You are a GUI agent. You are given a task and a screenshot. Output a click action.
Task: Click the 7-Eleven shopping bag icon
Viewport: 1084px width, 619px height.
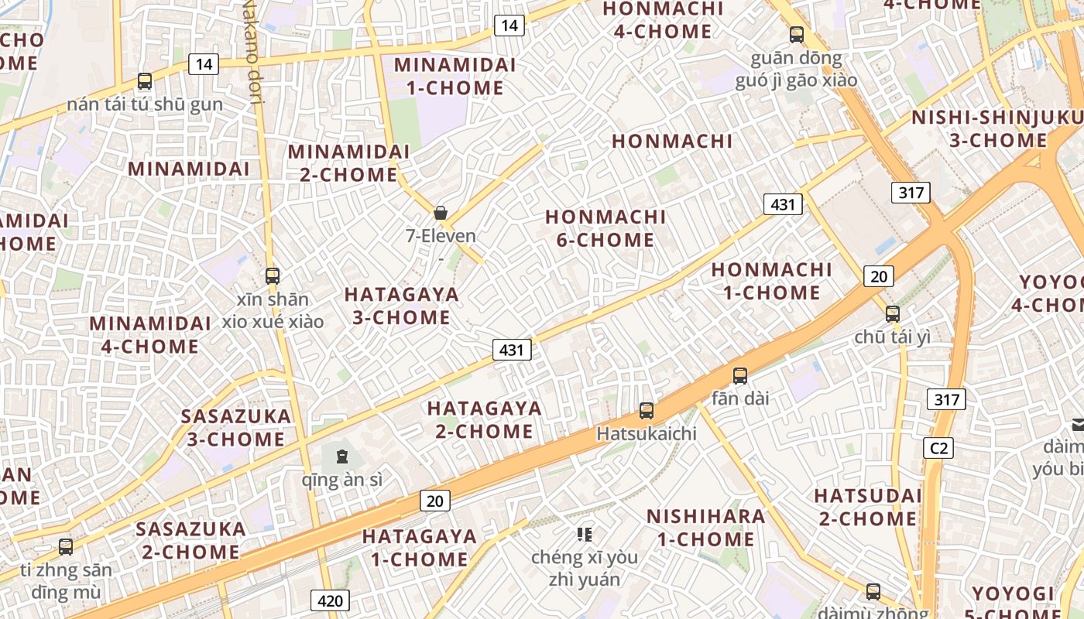tap(441, 213)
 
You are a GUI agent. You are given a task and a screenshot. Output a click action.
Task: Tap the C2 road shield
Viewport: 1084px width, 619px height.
tap(938, 448)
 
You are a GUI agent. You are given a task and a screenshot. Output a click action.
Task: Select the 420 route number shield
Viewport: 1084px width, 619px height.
tap(331, 600)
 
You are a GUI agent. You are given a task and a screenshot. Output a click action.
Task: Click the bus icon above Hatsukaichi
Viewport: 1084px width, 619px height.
tap(647, 411)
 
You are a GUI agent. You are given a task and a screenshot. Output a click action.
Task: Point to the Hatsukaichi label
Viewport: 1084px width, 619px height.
tap(647, 433)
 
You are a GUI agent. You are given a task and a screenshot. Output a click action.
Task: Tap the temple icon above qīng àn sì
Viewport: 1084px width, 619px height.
tap(342, 456)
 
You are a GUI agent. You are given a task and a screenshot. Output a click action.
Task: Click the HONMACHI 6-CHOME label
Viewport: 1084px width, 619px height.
tap(605, 228)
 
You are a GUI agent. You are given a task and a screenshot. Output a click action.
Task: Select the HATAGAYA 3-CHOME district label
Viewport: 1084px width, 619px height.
tap(402, 306)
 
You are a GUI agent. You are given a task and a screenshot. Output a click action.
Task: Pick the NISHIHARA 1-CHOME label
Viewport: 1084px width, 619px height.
tap(705, 527)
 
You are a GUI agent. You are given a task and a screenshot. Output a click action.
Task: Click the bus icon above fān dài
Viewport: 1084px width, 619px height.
tap(740, 376)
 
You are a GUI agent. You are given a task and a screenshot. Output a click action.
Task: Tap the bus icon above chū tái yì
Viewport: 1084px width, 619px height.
tap(893, 313)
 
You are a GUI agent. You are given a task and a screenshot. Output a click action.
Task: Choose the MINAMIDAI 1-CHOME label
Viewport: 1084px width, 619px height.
tap(455, 76)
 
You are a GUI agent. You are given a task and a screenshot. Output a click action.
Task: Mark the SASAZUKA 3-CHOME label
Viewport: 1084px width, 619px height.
tap(236, 427)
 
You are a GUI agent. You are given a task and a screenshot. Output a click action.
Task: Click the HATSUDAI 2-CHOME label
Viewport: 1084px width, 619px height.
tap(868, 506)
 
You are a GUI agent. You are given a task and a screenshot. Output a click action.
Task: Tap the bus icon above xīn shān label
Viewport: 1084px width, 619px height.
tap(273, 275)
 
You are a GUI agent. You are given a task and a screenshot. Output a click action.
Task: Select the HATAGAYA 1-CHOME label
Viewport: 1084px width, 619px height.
tap(419, 547)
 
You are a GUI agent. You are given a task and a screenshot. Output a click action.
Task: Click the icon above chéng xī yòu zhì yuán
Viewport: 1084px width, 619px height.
tap(585, 534)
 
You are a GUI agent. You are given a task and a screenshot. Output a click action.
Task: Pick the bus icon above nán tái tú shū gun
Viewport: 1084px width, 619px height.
tap(145, 80)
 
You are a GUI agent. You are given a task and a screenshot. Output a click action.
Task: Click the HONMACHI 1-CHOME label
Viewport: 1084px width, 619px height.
tap(772, 281)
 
